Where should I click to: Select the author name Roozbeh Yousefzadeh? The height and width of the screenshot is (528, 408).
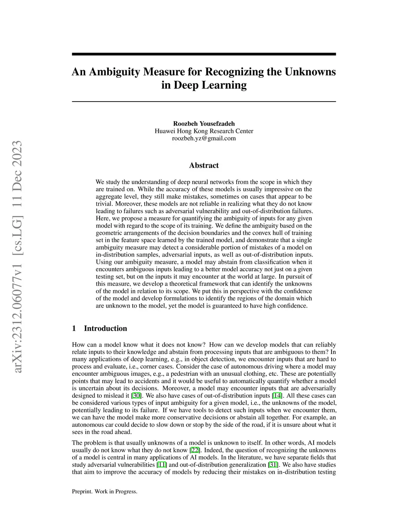click(204, 124)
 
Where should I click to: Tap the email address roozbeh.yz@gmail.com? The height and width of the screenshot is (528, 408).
click(204, 138)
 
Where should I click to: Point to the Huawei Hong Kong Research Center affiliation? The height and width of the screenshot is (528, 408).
click(204, 131)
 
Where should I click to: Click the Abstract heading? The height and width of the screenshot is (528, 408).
click(204, 165)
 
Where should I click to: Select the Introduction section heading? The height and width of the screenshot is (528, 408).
click(105, 328)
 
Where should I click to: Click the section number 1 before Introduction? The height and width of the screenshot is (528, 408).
click(74, 328)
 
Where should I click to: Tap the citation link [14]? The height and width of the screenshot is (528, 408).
click(277, 396)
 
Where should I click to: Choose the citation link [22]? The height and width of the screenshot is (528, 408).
click(195, 450)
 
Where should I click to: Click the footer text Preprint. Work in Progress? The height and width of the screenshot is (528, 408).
click(104, 492)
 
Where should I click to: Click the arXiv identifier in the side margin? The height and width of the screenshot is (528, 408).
click(17, 257)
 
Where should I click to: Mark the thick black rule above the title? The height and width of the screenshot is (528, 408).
click(204, 54)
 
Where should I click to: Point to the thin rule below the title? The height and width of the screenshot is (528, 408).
click(204, 102)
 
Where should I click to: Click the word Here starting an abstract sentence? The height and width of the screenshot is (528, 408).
click(102, 218)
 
